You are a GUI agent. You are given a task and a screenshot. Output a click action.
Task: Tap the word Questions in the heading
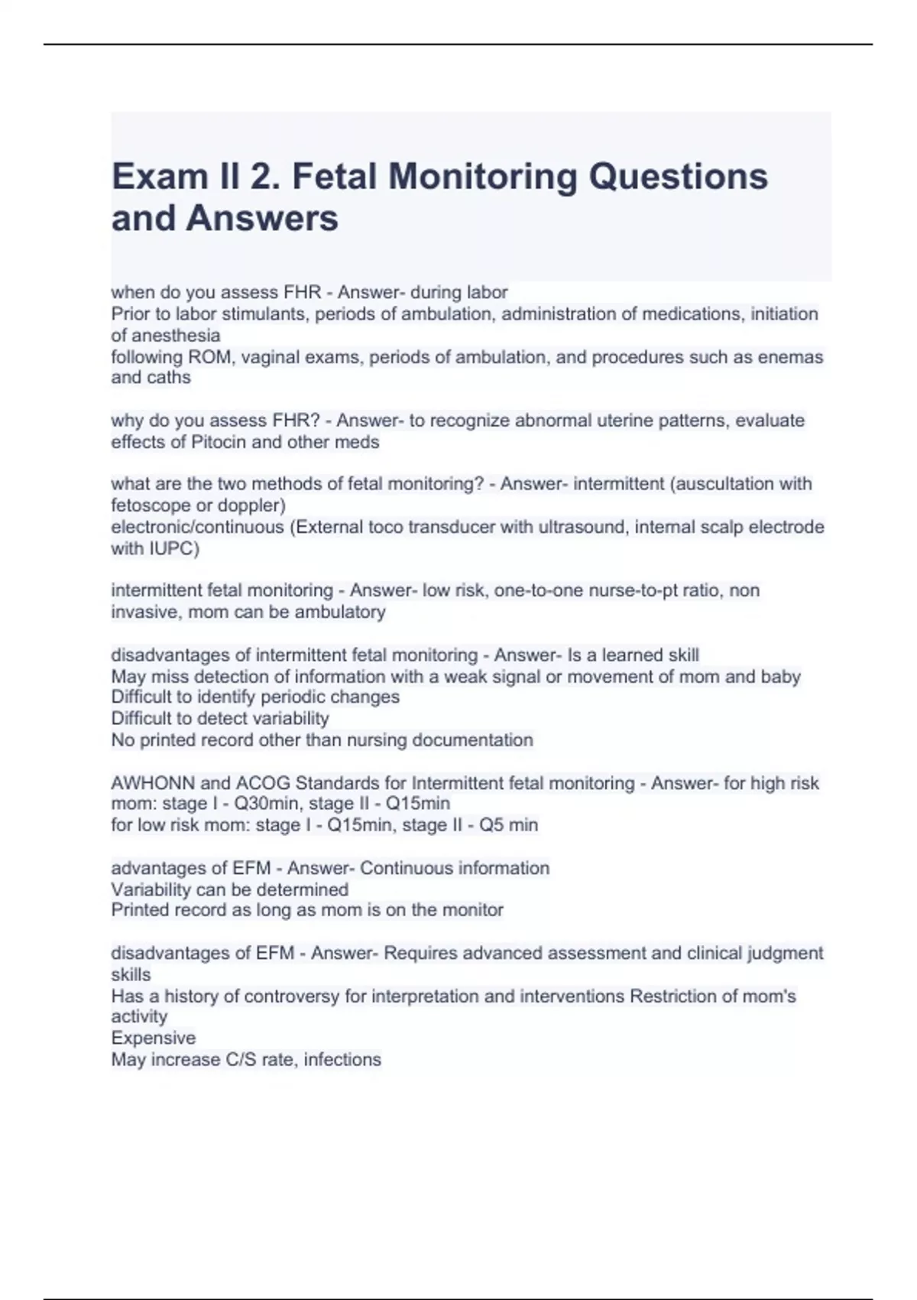point(678,177)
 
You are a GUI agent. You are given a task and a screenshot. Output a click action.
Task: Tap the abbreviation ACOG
point(263,783)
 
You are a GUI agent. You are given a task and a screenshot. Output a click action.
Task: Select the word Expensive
point(153,1038)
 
